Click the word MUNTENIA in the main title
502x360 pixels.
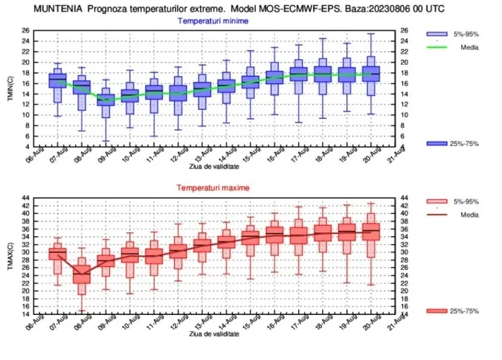point(58,9)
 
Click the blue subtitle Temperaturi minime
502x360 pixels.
point(213,21)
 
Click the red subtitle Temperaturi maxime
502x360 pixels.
point(213,188)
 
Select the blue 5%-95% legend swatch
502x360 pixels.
point(437,34)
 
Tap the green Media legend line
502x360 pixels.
point(437,47)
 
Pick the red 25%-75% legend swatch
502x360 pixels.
point(437,311)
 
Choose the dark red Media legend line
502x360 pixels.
point(437,215)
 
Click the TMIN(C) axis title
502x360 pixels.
point(10,89)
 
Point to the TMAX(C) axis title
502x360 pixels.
point(10,256)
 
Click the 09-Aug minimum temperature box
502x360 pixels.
point(106,100)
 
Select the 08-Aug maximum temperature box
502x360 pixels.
point(82,274)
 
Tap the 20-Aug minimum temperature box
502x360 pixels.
point(371,74)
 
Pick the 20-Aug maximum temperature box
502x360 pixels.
point(371,232)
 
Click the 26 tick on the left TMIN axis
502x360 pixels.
point(26,30)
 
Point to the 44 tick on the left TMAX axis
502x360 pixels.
point(26,198)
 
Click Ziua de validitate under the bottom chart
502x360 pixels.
point(214,333)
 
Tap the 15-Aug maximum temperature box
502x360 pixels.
point(250,238)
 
